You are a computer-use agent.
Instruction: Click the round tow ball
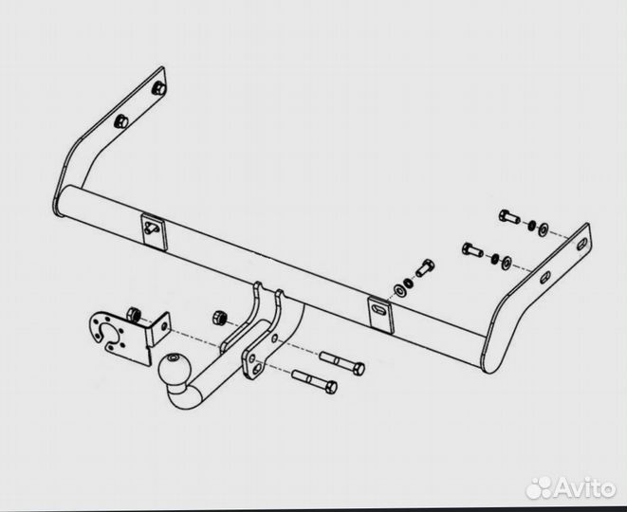[x=175, y=367]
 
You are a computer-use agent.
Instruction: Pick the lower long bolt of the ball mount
[x=315, y=380]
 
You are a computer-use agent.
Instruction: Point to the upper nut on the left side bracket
[x=159, y=88]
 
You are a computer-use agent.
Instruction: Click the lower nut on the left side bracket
[x=120, y=121]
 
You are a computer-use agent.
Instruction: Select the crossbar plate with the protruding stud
[x=155, y=231]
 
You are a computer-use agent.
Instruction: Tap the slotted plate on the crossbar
[x=380, y=313]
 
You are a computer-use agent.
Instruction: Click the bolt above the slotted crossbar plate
[x=425, y=267]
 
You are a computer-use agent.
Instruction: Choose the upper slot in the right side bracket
[x=582, y=244]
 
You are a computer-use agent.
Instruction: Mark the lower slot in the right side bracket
[x=545, y=277]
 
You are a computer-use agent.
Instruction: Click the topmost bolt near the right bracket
[x=509, y=216]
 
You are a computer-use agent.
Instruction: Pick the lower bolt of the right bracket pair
[x=472, y=249]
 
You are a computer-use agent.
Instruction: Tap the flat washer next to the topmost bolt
[x=544, y=229]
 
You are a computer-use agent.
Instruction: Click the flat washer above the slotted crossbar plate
[x=399, y=290]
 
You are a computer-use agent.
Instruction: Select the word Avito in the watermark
[x=584, y=488]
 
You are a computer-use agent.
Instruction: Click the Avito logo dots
[x=539, y=487]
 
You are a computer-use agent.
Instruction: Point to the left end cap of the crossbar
[x=59, y=201]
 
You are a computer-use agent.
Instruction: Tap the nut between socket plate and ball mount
[x=219, y=319]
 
